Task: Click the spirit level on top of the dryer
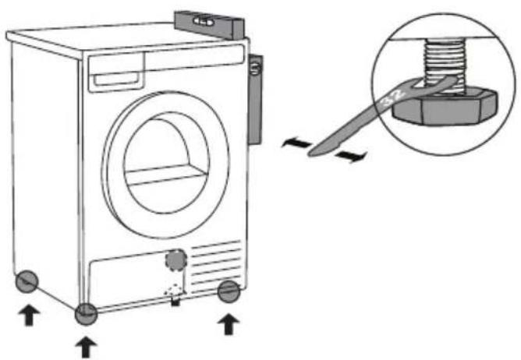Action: (x=210, y=25)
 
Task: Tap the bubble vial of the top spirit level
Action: (x=204, y=22)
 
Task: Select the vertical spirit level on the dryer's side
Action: (x=256, y=99)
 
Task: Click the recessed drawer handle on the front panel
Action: (x=115, y=79)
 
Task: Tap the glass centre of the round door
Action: (x=166, y=165)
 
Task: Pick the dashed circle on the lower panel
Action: (x=176, y=260)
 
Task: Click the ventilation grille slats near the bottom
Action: (x=216, y=266)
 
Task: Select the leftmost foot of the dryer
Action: (x=27, y=281)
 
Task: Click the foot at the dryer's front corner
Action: (x=86, y=314)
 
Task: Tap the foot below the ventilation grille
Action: (x=229, y=291)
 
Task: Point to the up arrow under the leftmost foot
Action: (x=29, y=315)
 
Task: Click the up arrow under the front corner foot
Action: (x=86, y=347)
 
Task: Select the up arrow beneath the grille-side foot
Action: (x=229, y=324)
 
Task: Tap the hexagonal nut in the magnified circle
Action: (x=445, y=108)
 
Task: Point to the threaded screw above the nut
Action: (x=445, y=65)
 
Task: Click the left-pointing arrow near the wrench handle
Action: (x=296, y=143)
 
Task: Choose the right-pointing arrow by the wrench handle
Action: (x=351, y=157)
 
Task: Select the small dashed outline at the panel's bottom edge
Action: (x=173, y=291)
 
